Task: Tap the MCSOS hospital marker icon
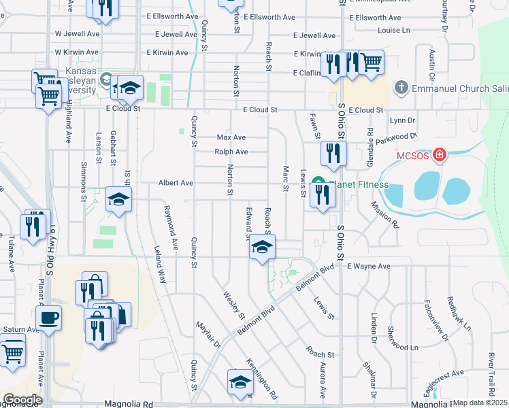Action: [440, 156]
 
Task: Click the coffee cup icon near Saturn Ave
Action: [49, 318]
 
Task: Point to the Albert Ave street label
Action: [176, 183]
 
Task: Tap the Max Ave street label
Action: [231, 137]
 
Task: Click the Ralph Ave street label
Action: [231, 152]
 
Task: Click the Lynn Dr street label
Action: [403, 120]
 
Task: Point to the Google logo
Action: [22, 399]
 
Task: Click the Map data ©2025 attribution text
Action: [480, 403]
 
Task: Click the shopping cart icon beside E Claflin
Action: [371, 63]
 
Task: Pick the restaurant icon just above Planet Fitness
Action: [333, 153]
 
